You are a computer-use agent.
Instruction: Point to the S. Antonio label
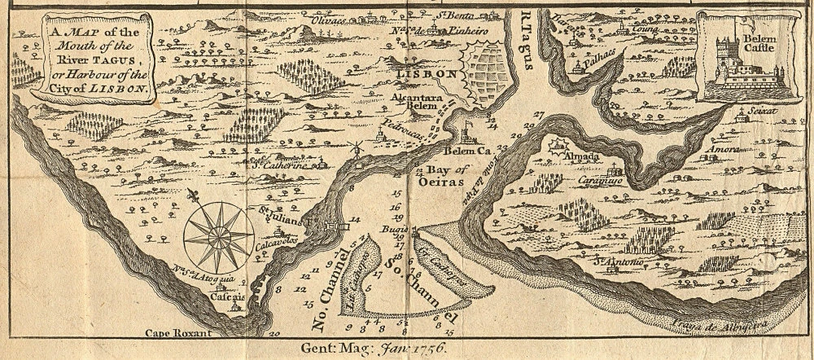[x=618, y=261]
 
